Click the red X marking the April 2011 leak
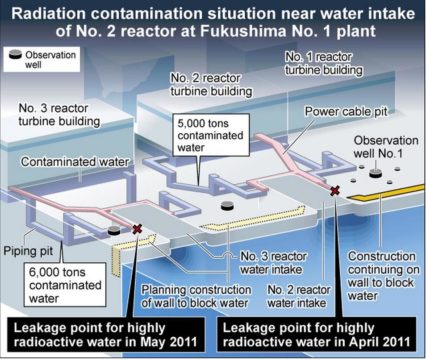pyautogui.click(x=334, y=191)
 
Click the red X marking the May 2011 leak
pyautogui.click(x=138, y=229)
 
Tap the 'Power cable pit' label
pyautogui.click(x=346, y=112)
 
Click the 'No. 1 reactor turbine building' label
pyautogui.click(x=323, y=63)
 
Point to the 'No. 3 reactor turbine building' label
pyautogui.click(x=59, y=115)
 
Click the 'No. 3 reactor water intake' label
pyautogui.click(x=273, y=263)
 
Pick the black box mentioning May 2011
pyautogui.click(x=105, y=335)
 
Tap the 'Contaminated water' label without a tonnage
pyautogui.click(x=75, y=162)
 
